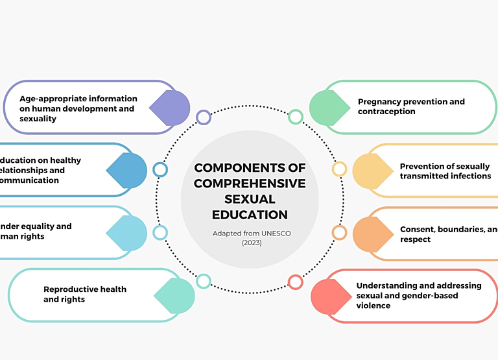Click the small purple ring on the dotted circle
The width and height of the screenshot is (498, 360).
pos(204,117)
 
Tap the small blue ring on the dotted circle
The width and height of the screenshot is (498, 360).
pos(160,170)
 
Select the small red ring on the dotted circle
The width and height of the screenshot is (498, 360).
pos(295,282)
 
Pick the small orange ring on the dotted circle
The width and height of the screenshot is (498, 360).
pos(339,232)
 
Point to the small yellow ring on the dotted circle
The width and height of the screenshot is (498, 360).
pos(339,169)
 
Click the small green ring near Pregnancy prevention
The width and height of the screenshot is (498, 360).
pos(296,117)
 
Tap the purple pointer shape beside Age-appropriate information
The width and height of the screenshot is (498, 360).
pos(170,108)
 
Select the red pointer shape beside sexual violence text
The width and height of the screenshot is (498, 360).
pos(331,296)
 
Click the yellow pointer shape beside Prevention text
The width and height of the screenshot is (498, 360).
pos(373,171)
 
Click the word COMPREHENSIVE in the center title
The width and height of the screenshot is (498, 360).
pos(250,184)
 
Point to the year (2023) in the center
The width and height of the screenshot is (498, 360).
pos(250,243)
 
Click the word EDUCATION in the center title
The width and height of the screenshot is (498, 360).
pos(250,215)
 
